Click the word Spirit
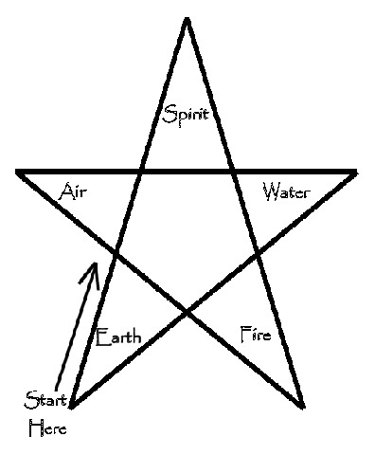(x=185, y=116)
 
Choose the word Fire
(x=257, y=333)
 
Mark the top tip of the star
(x=187, y=18)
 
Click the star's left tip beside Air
(x=18, y=172)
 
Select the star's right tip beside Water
(x=355, y=172)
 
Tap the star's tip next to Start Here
(x=71, y=409)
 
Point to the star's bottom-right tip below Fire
(x=303, y=408)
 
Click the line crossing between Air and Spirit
(x=142, y=172)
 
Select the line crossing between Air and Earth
(x=115, y=253)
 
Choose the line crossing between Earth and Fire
(x=187, y=310)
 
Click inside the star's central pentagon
(x=187, y=237)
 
